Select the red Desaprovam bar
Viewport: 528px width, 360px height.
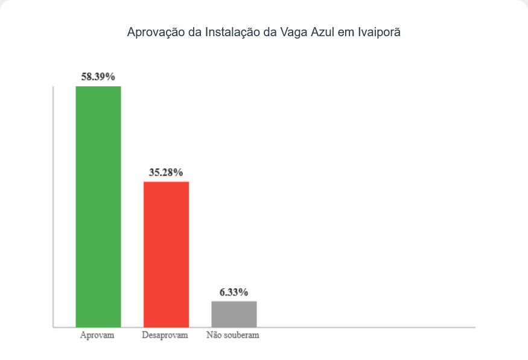point(166,254)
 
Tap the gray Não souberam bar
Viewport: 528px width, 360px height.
point(234,314)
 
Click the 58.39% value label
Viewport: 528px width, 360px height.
point(98,77)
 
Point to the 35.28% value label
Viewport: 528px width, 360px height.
point(166,172)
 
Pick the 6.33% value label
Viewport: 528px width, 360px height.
point(234,292)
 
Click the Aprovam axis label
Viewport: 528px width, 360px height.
point(97,335)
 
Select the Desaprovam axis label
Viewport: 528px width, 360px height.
point(165,335)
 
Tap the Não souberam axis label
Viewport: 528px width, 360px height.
point(233,335)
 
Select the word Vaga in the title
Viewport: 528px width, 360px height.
point(294,33)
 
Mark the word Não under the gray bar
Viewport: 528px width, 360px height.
point(213,335)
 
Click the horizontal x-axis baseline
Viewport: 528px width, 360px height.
point(362,327)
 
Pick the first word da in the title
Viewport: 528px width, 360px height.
point(194,33)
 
